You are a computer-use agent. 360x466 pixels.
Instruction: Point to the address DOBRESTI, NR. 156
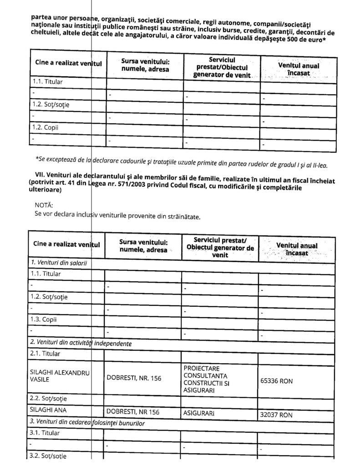134,377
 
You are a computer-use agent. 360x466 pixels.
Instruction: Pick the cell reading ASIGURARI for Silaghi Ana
199,414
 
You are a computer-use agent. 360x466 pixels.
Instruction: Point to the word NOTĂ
44,205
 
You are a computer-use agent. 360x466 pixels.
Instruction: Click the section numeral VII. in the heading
41,180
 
